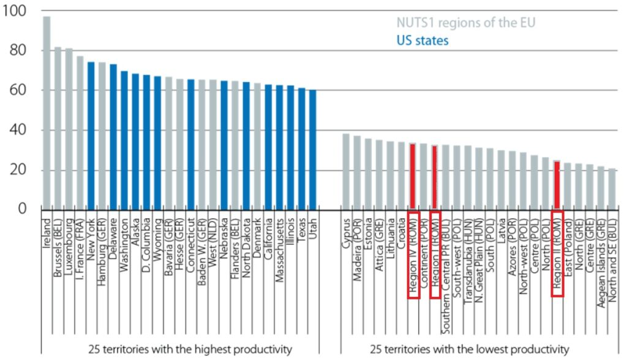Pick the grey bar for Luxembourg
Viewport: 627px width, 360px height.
tap(69, 129)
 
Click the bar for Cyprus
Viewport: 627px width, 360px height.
tap(346, 171)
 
